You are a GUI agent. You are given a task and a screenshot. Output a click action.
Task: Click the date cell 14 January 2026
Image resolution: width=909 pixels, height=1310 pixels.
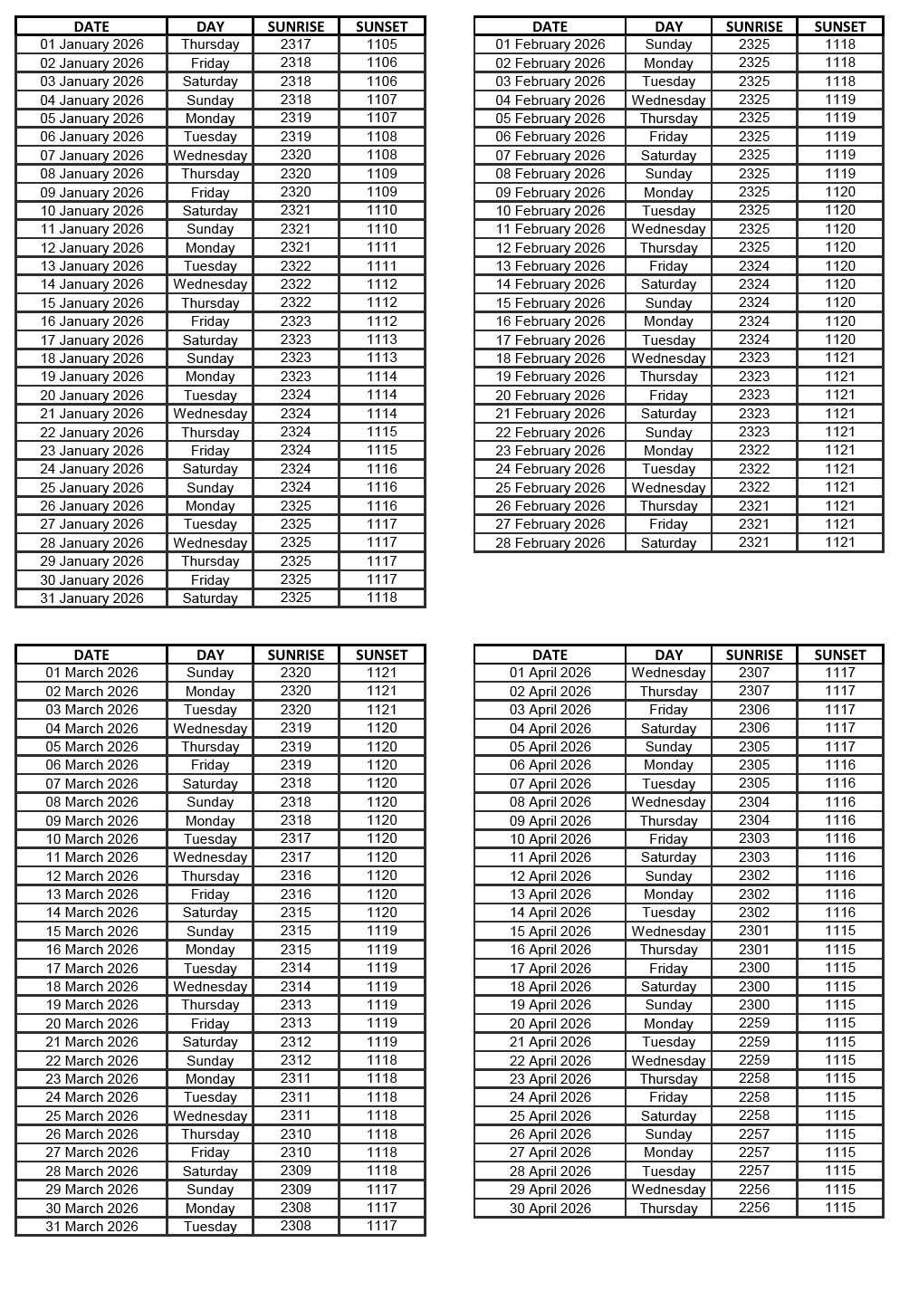click(x=91, y=284)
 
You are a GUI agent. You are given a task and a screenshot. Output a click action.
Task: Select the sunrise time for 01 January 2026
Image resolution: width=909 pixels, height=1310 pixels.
click(x=296, y=44)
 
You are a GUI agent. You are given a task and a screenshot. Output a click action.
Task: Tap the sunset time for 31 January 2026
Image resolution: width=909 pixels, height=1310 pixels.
click(x=382, y=598)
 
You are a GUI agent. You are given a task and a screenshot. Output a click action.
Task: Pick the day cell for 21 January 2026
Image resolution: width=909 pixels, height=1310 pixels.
click(x=210, y=414)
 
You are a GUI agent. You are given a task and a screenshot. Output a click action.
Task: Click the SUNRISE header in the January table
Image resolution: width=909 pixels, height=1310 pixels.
click(x=296, y=26)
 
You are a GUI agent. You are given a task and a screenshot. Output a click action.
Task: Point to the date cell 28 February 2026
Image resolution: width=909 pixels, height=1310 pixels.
click(x=550, y=542)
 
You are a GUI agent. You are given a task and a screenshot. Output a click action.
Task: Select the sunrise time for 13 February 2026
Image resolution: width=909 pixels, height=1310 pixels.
click(x=754, y=266)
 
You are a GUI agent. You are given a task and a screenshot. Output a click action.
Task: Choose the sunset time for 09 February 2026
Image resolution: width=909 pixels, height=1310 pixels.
click(x=840, y=192)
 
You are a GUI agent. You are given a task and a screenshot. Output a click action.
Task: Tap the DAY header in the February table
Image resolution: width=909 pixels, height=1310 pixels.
click(x=668, y=26)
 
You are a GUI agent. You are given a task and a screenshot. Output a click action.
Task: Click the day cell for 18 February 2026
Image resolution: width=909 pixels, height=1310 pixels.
click(x=668, y=359)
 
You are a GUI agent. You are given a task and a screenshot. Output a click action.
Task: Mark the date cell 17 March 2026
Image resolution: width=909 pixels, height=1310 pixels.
click(x=91, y=968)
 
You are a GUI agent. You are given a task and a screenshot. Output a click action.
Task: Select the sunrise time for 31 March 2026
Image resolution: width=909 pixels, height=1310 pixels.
click(x=296, y=1226)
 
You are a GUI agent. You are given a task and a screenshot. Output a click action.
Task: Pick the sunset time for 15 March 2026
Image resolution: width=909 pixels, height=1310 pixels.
click(x=382, y=931)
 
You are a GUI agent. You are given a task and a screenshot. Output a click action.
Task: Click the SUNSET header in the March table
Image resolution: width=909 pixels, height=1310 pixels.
click(x=382, y=655)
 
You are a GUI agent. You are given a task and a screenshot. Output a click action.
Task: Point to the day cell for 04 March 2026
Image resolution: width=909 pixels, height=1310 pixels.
click(x=210, y=728)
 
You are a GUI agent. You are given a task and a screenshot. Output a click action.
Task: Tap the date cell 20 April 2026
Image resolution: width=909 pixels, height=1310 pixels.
click(x=550, y=1023)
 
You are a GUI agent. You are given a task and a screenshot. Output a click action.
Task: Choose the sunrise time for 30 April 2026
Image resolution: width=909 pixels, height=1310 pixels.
click(x=754, y=1208)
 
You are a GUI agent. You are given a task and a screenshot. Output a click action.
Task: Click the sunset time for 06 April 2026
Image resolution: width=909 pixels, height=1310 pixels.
click(x=840, y=765)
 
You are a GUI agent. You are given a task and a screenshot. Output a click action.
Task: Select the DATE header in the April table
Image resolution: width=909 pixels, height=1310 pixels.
click(x=550, y=655)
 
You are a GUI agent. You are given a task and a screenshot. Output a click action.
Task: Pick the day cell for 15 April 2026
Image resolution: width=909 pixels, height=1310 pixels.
click(x=668, y=931)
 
